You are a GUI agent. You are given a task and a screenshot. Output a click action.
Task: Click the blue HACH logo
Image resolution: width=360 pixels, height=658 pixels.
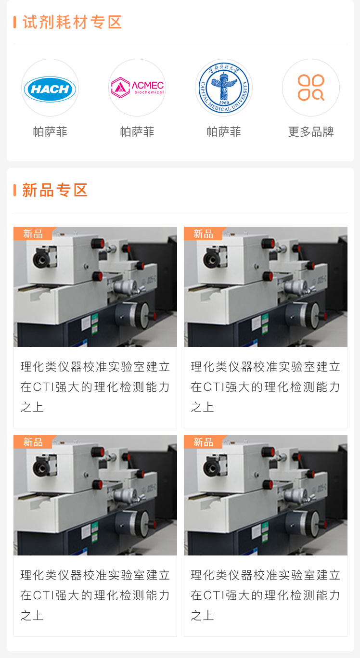coord(50,89)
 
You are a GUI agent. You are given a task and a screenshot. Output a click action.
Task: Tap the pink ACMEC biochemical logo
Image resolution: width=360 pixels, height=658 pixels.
coord(137,87)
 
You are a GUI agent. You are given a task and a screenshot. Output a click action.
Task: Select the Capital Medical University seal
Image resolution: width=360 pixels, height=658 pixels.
coord(224,88)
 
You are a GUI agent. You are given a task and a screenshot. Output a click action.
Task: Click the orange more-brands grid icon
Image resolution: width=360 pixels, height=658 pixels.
coord(311,88)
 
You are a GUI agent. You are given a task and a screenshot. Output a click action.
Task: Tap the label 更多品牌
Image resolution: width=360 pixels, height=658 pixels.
coord(311,131)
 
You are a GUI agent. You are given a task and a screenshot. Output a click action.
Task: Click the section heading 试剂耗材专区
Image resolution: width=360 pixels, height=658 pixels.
coord(72,22)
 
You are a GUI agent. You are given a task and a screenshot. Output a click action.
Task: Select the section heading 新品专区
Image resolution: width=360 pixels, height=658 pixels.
coord(55,190)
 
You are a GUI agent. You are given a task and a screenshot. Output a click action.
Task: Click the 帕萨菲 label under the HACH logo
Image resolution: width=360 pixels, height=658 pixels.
coord(50,131)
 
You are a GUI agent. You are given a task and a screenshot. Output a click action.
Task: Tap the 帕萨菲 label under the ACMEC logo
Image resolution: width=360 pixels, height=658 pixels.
coord(137,131)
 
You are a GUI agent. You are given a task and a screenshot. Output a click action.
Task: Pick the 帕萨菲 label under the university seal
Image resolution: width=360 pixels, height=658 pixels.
coord(224,131)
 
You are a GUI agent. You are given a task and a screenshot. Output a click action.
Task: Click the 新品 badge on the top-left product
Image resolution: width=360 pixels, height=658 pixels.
coord(33,233)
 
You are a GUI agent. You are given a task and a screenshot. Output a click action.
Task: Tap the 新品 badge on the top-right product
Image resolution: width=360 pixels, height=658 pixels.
coord(203,233)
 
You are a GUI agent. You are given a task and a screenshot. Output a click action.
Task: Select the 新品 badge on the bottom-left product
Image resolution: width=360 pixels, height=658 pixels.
coord(33,442)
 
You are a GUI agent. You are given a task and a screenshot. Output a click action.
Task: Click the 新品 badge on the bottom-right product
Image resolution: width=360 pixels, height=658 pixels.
coord(203,442)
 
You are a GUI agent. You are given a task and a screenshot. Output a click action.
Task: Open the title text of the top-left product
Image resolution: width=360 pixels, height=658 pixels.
coord(95,387)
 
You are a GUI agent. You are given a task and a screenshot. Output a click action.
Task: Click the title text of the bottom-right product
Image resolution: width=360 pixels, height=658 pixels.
coord(266,595)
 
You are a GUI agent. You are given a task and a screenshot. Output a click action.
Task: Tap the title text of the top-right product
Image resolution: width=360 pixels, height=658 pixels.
coord(266,387)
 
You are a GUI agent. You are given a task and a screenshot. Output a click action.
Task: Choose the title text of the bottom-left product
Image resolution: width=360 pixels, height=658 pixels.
coord(95,595)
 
